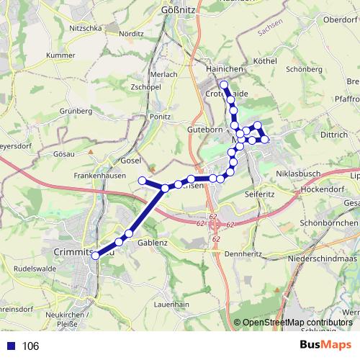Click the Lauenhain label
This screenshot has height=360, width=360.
coord(171,305)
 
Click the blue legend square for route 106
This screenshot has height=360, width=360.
coord(9,346)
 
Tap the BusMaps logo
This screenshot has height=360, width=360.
coord(330,345)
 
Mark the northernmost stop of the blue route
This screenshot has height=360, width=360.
coord(224,86)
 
